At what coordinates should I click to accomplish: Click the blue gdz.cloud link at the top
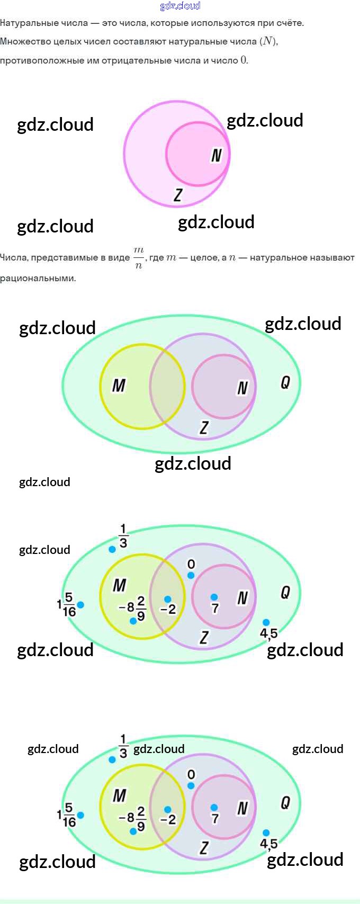180,6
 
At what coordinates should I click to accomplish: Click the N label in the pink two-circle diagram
216,155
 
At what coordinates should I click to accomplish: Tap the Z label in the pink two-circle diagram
178,195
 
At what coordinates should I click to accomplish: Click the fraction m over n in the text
138,257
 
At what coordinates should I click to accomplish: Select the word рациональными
38,278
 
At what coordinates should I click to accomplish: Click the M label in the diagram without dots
119,386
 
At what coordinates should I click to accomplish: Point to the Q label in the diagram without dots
285,382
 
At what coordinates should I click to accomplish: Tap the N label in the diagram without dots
242,388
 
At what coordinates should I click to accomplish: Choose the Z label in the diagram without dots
204,427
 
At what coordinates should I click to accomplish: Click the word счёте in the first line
290,23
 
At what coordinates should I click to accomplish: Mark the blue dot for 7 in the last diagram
214,808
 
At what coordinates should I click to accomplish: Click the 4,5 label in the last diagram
268,843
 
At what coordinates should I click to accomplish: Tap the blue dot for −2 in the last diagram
168,810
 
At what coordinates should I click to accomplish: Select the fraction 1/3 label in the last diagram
123,746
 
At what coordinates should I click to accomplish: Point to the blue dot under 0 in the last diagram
191,786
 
